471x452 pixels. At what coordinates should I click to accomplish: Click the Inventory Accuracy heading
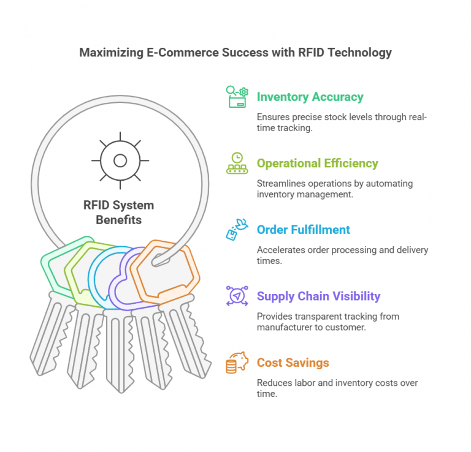(x=310, y=97)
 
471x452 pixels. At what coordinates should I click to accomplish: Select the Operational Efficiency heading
(x=317, y=163)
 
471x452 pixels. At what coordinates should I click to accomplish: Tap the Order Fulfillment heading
(x=303, y=230)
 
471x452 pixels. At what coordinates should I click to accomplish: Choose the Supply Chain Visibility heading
(x=318, y=296)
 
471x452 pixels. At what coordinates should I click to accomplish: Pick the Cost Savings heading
(x=293, y=363)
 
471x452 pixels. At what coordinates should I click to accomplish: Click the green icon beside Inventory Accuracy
(x=237, y=97)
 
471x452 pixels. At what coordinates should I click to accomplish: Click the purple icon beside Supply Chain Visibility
(x=237, y=296)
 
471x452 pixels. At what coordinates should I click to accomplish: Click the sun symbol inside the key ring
(x=120, y=160)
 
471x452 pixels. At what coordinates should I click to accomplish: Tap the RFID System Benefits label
(x=118, y=212)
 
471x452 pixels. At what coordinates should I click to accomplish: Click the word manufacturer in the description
(x=286, y=327)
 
